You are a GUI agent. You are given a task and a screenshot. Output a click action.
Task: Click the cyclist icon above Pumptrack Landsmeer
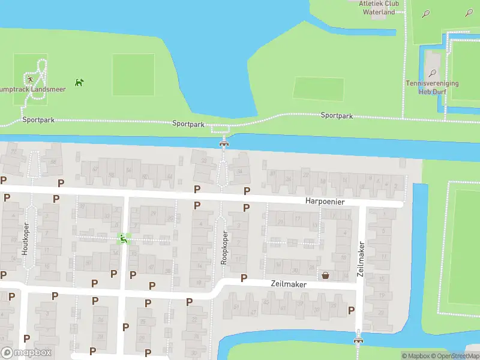click(x=28, y=79)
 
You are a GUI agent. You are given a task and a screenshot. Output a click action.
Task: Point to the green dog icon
click(x=79, y=82)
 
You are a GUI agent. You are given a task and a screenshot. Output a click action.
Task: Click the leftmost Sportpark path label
click(x=38, y=120)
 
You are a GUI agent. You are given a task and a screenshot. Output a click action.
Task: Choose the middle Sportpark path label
click(x=188, y=124)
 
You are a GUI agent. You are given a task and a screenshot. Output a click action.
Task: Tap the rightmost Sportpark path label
click(x=337, y=115)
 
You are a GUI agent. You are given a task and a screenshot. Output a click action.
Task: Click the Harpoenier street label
click(x=325, y=202)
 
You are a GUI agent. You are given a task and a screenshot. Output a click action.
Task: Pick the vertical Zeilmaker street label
click(x=361, y=259)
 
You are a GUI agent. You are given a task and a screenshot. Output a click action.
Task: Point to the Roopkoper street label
click(x=225, y=248)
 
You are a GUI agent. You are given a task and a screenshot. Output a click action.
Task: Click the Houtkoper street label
click(x=26, y=240)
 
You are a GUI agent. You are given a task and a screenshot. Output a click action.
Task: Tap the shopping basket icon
click(x=325, y=275)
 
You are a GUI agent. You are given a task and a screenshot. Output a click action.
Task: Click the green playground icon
click(x=123, y=239)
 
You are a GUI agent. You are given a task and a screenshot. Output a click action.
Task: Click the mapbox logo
click(x=26, y=353)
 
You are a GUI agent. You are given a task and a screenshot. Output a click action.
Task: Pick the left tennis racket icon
click(x=425, y=13)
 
